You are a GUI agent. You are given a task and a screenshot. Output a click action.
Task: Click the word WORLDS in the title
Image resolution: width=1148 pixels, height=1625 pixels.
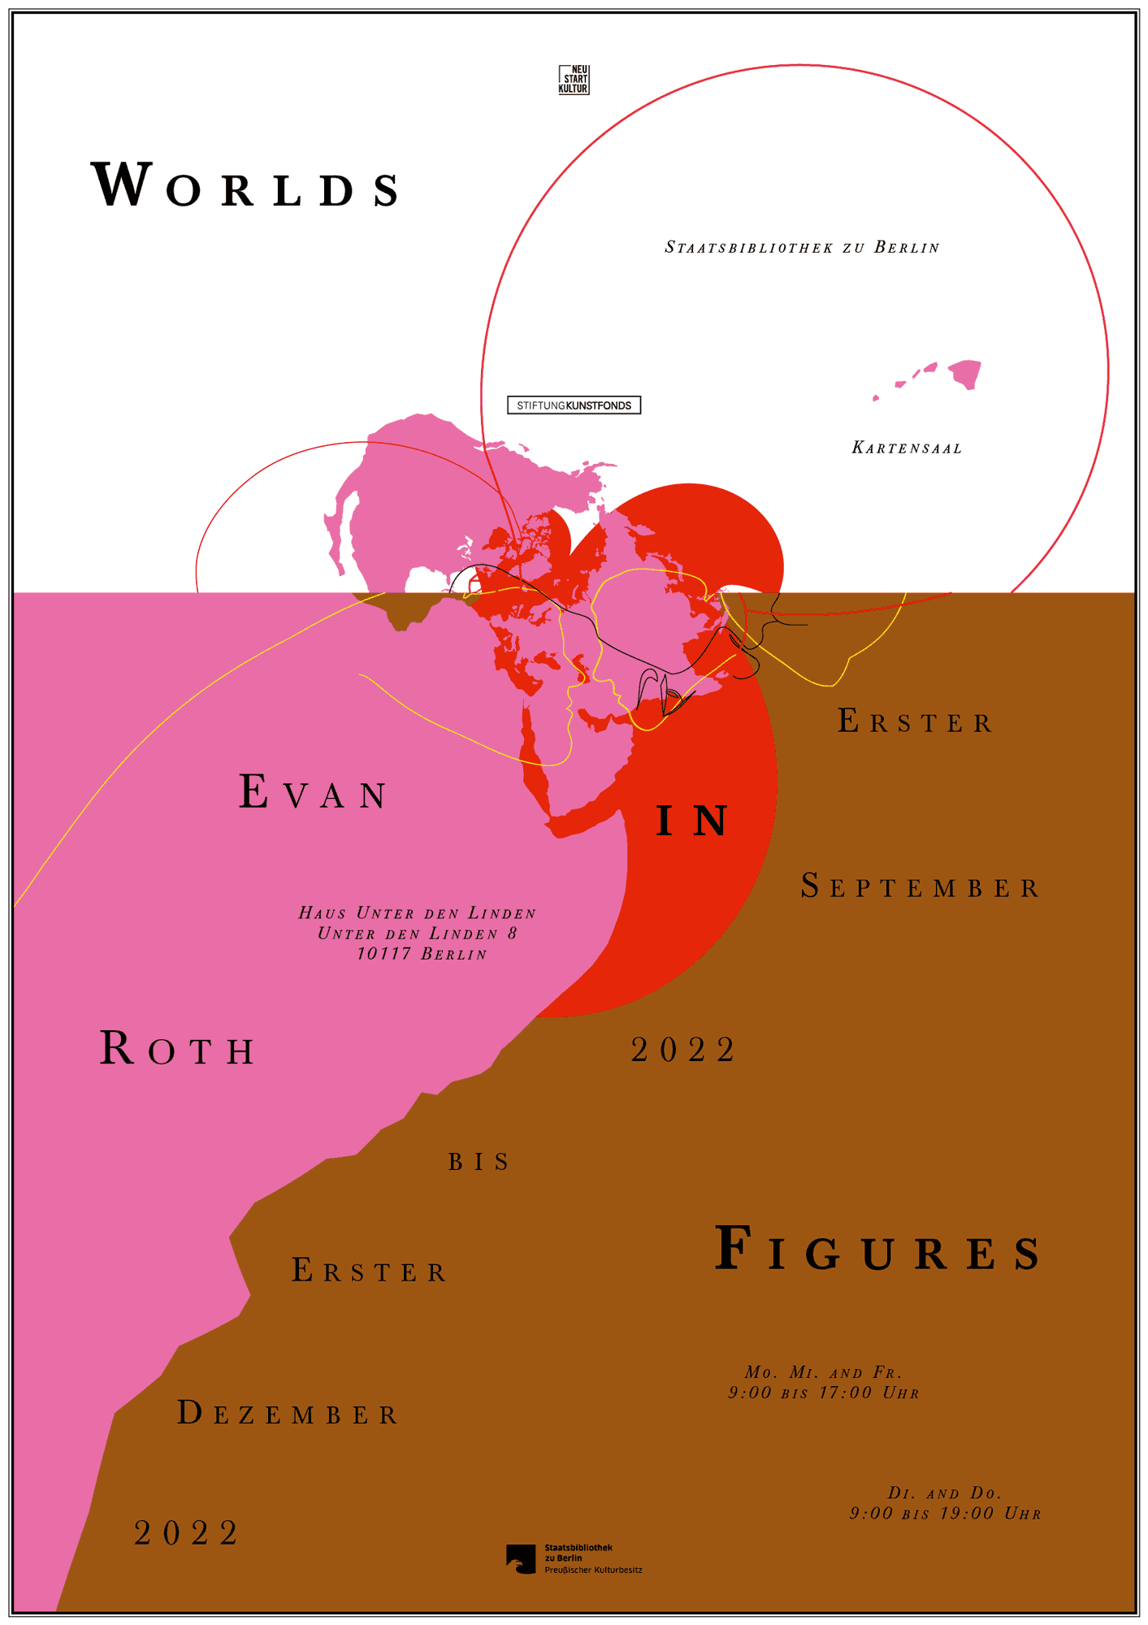[x=246, y=185]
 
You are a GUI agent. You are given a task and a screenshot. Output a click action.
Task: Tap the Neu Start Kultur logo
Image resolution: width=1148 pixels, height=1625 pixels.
[x=574, y=80]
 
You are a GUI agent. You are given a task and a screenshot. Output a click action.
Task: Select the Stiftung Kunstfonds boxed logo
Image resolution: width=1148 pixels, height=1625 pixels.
[x=574, y=405]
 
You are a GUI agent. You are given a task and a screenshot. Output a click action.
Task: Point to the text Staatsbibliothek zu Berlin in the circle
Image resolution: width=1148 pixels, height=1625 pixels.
[x=802, y=248]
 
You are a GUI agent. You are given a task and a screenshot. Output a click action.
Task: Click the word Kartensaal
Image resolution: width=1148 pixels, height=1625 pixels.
[x=907, y=448]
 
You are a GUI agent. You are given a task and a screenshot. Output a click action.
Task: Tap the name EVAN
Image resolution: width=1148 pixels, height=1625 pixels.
[x=314, y=793]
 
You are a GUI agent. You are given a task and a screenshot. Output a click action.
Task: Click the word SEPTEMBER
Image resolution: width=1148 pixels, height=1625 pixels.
[x=921, y=887]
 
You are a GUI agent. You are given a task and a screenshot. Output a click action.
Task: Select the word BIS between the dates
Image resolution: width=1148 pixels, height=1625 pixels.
[x=479, y=1163]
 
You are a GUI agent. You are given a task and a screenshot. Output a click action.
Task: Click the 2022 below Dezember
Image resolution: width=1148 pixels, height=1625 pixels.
[x=187, y=1533]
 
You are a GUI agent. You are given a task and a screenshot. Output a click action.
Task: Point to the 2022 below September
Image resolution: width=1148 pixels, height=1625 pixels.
[x=683, y=1050]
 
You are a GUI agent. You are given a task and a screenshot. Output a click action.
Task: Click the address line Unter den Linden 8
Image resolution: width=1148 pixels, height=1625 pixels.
[x=418, y=934]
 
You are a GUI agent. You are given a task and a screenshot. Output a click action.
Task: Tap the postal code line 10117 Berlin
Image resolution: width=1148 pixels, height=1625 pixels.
[x=422, y=954]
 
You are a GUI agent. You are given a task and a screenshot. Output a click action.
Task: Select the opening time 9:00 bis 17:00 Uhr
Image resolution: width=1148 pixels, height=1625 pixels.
[x=824, y=1393]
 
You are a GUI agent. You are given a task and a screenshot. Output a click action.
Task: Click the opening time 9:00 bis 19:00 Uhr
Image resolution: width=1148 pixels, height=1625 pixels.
[x=946, y=1514]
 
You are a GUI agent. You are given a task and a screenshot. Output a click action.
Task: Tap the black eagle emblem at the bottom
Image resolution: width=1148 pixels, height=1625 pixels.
[x=521, y=1558]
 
